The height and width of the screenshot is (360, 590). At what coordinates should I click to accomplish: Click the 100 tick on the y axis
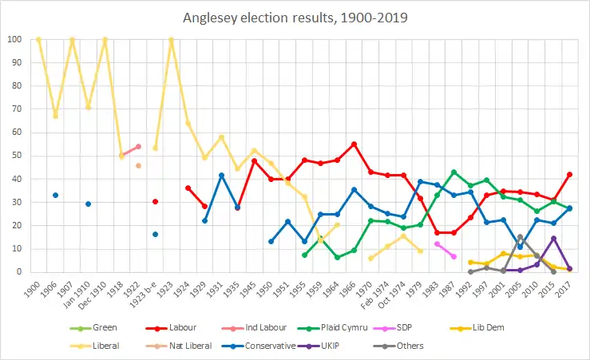click(x=14, y=39)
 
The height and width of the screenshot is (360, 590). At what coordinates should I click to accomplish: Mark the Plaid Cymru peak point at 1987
click(x=453, y=172)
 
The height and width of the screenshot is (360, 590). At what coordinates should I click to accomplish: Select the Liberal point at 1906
click(x=55, y=116)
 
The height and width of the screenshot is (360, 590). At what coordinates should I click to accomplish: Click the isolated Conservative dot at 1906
click(x=55, y=196)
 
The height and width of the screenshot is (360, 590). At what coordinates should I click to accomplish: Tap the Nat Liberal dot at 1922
click(x=138, y=165)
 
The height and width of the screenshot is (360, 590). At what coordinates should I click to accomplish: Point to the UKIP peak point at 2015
click(x=553, y=238)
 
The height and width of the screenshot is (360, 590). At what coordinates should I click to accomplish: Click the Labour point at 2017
click(x=570, y=174)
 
